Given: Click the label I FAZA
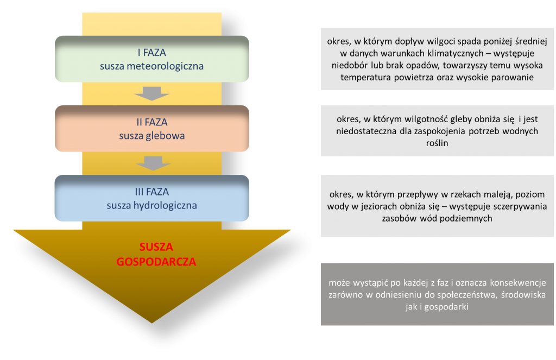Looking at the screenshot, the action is [152, 53].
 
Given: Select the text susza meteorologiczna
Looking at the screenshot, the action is [152, 66].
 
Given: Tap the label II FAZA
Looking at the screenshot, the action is [152, 122].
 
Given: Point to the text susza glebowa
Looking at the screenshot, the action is [152, 136].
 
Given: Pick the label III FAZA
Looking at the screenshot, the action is [152, 192].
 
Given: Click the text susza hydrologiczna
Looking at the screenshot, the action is [152, 205].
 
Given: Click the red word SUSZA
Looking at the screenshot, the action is [156, 247].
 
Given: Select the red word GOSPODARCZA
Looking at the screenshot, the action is [156, 262].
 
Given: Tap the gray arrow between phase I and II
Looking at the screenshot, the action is [152, 93].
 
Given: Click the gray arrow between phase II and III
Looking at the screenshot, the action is [153, 163].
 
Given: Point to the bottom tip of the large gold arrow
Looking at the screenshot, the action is [152, 323].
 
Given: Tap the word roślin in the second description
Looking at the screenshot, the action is [437, 143].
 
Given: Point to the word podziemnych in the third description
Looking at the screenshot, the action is [468, 218].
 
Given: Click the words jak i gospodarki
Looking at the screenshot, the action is [437, 307].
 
